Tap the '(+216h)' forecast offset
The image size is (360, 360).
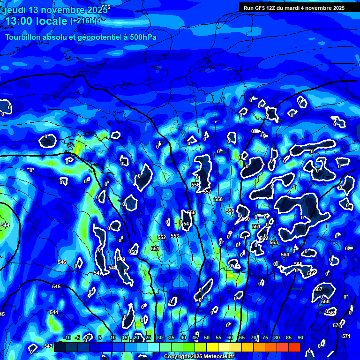83,21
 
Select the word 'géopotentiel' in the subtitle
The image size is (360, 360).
100,37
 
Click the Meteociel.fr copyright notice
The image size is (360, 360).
199,357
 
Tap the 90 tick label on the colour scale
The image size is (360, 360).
300,337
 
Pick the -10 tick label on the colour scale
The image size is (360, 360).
66,337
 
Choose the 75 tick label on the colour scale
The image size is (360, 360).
265,337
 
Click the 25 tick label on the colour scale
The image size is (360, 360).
148,337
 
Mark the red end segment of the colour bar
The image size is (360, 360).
294,347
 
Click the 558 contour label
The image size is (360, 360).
218,199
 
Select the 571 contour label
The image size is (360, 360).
346,336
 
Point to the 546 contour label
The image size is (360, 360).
62,262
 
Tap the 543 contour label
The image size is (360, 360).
48,346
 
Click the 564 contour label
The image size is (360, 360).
285,255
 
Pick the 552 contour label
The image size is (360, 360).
162,238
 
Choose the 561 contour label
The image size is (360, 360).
256,226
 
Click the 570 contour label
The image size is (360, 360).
337,325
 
